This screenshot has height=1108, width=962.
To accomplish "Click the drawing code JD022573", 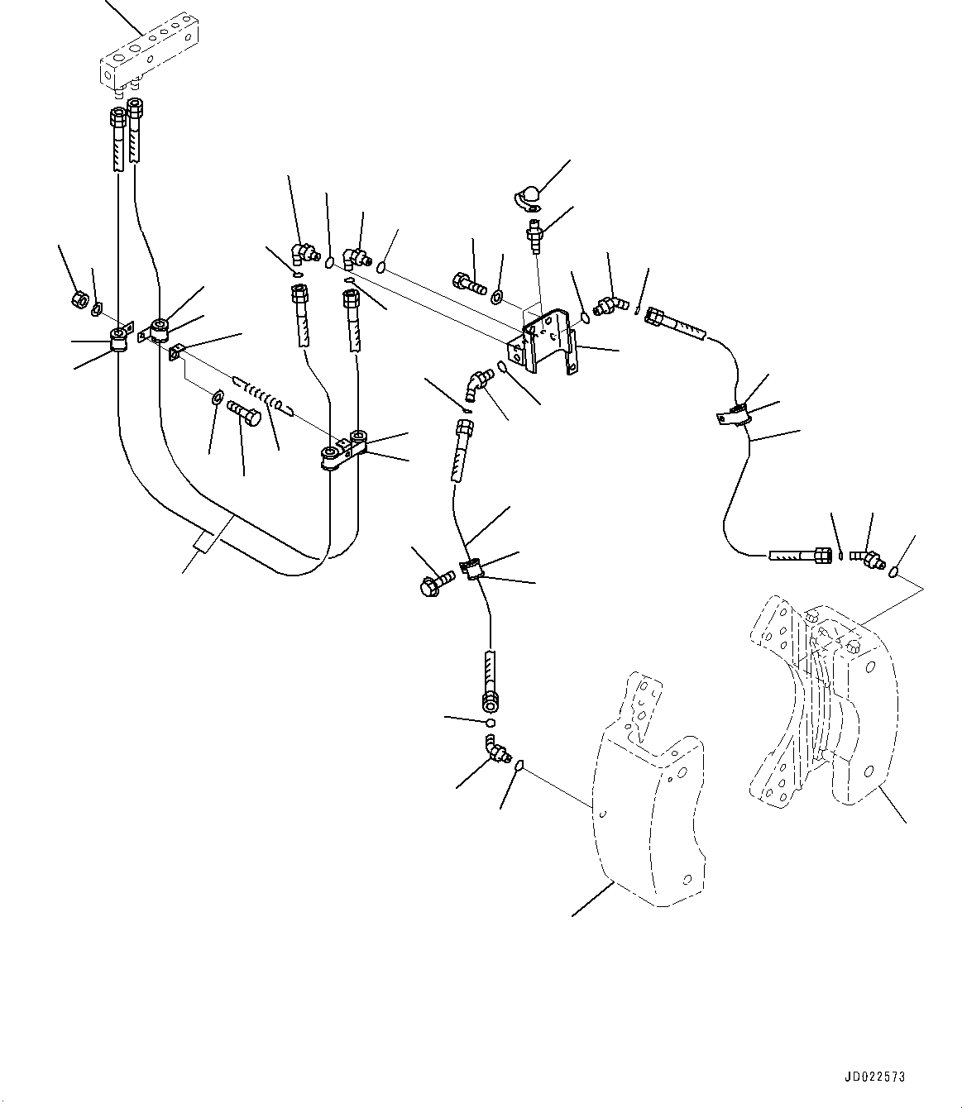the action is click(875, 1077).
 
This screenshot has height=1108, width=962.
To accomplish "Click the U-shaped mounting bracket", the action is click(543, 341).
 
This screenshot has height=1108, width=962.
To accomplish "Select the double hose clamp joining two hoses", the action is click(344, 449).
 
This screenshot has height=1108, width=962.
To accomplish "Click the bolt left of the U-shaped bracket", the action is click(469, 283).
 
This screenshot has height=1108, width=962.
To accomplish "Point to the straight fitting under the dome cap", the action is click(534, 236).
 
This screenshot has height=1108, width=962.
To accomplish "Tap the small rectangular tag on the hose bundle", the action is click(204, 542).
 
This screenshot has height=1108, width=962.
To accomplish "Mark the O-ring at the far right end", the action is click(895, 571).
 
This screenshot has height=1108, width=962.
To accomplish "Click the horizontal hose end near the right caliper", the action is click(801, 556).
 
